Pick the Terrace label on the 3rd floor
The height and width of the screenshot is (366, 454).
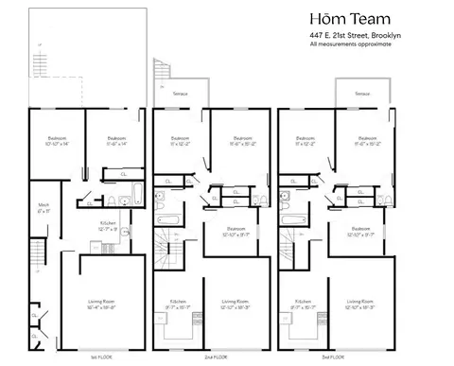coord(362,95)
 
